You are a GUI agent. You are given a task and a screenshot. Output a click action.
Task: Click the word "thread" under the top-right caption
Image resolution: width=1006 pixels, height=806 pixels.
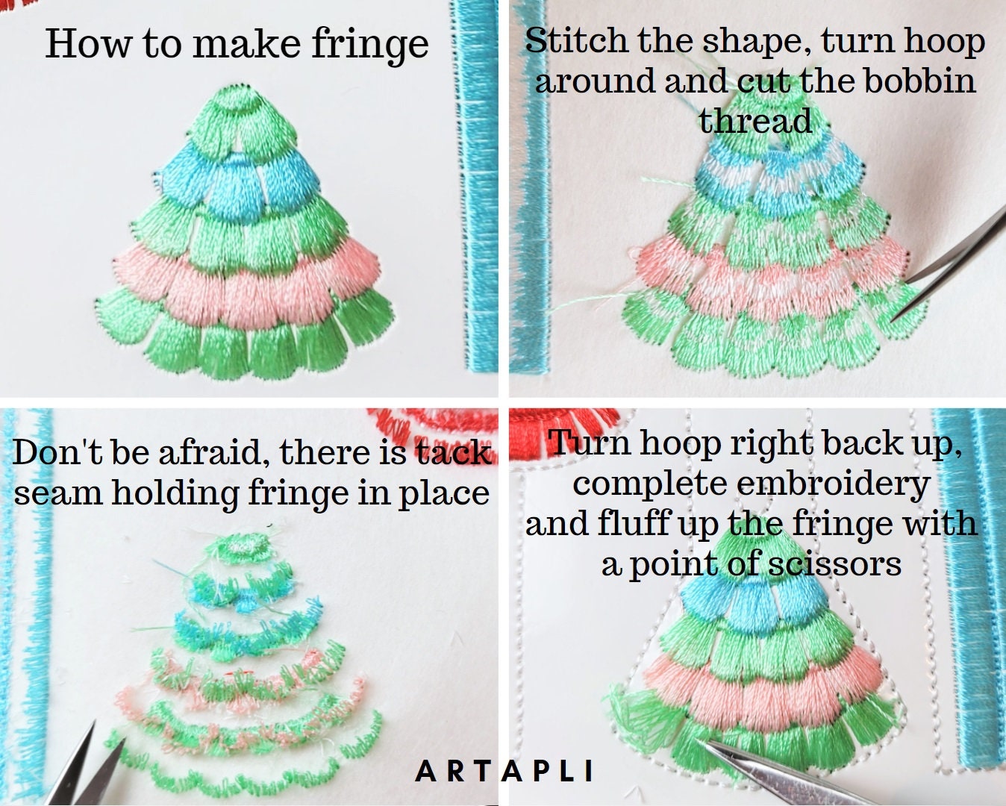pos(755,121)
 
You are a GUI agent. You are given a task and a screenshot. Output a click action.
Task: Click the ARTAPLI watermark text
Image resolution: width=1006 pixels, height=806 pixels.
pos(504,770)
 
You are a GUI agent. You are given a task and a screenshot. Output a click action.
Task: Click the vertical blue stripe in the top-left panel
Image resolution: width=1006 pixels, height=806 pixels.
pos(475,187)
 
